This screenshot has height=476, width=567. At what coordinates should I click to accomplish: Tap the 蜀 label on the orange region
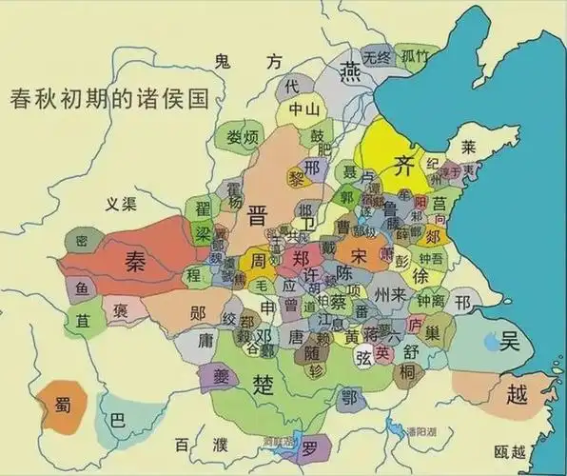click(x=60, y=406)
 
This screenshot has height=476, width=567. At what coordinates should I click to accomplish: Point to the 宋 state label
click(x=358, y=256)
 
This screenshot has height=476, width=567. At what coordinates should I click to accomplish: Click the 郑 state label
click(x=302, y=258)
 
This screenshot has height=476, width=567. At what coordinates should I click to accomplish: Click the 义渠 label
click(x=122, y=203)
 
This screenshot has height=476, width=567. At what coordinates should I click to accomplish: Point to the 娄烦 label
click(x=243, y=137)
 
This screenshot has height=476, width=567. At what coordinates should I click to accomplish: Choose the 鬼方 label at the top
click(x=248, y=63)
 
